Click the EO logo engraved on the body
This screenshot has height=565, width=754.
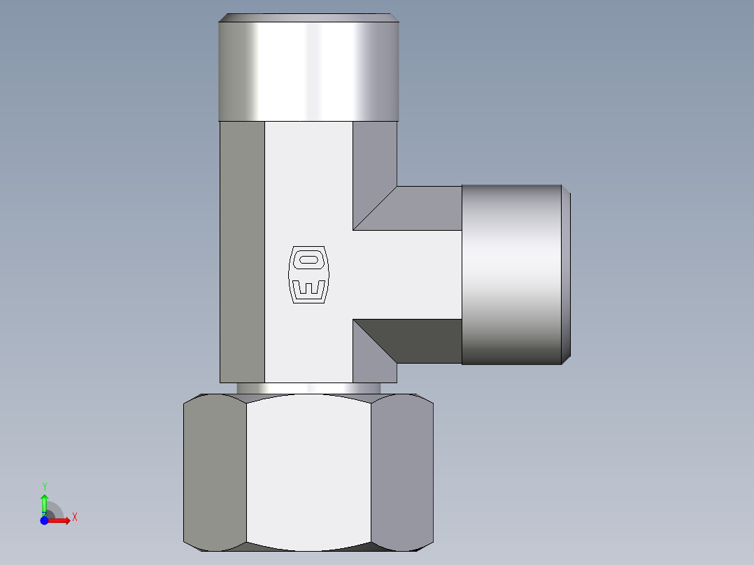308,275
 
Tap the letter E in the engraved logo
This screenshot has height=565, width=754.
308,289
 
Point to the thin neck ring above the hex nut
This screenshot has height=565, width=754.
308,388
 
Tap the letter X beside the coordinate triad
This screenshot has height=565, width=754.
74,517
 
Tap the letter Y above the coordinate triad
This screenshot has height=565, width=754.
44,486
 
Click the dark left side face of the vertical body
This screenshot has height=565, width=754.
242,252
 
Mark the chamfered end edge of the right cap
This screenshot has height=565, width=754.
566,275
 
